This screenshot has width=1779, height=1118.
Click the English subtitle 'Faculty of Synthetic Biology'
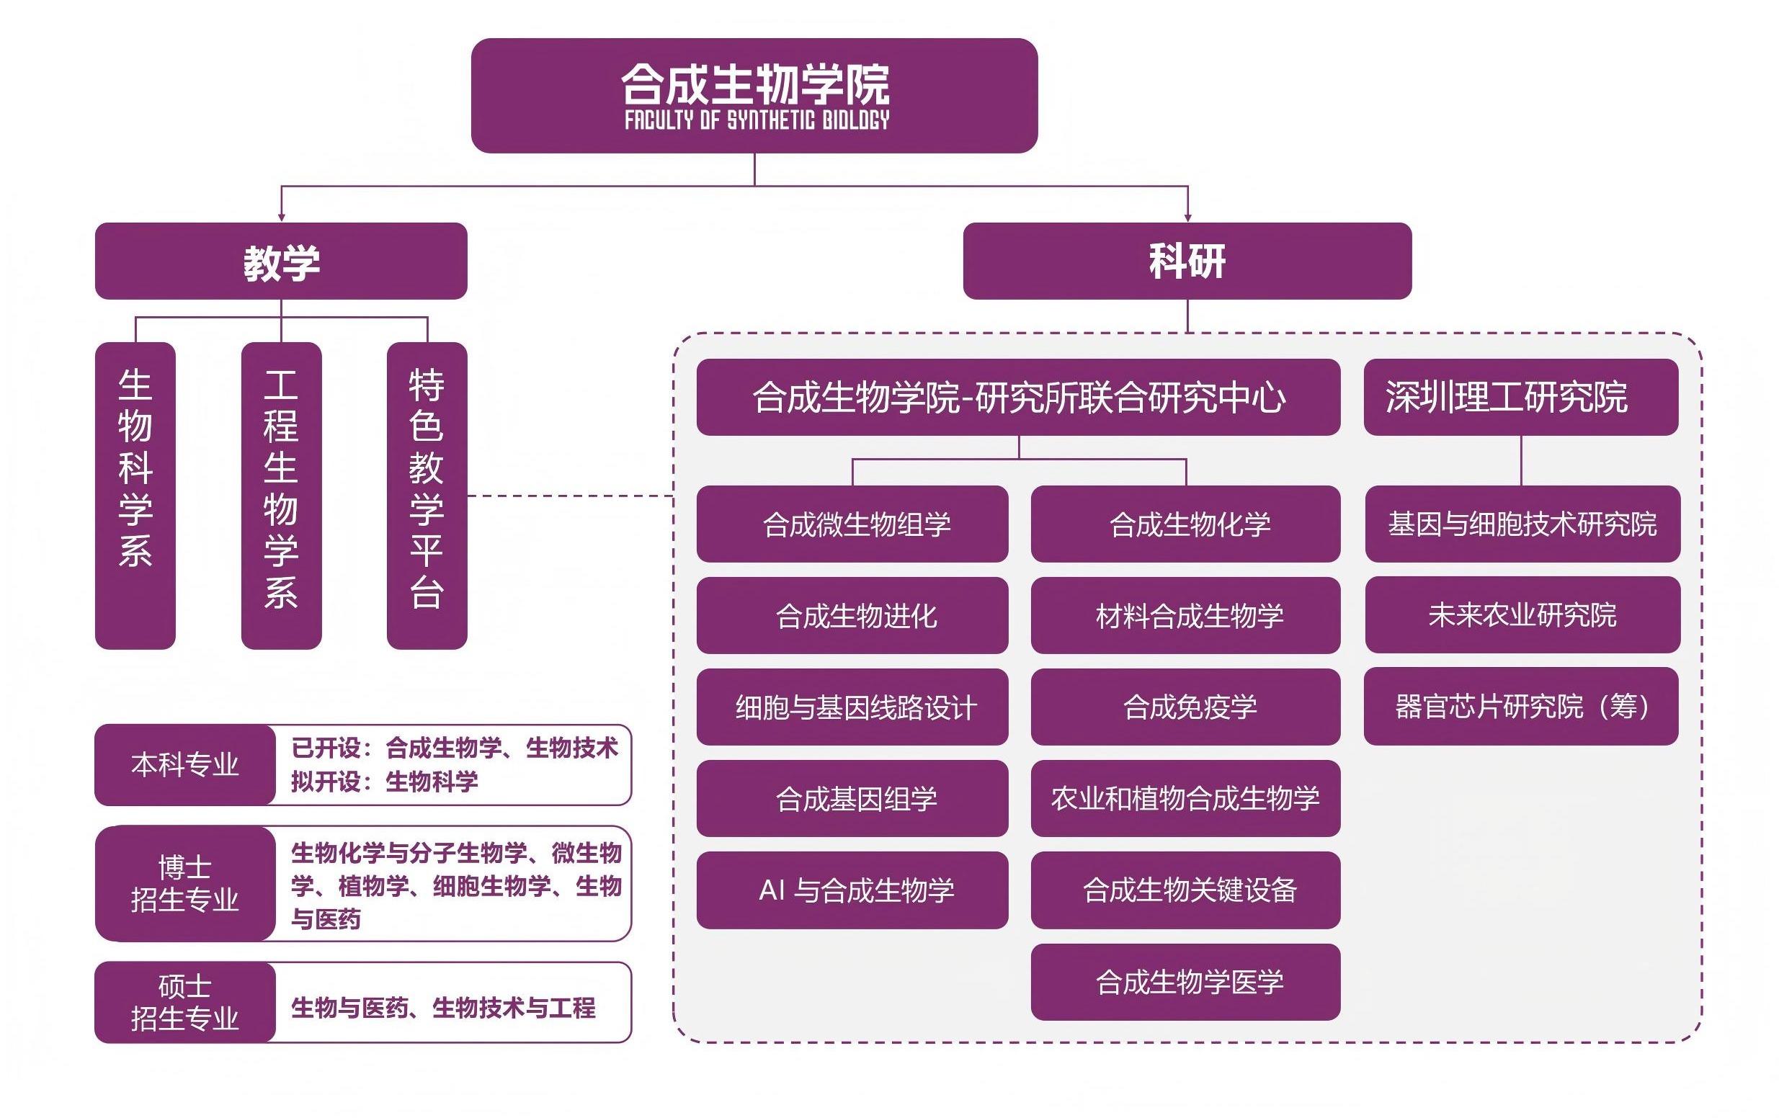click(757, 120)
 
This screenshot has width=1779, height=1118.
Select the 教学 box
click(281, 261)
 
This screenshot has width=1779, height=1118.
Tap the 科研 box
click(1187, 261)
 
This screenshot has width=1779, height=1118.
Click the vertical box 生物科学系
click(135, 495)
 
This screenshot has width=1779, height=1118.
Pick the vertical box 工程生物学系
click(282, 495)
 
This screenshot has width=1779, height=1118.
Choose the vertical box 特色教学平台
click(427, 495)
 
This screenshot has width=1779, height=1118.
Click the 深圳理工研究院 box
click(1520, 398)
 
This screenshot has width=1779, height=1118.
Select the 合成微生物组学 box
click(852, 524)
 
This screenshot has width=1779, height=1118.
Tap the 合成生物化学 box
click(1186, 524)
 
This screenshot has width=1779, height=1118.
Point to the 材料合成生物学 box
click(1186, 616)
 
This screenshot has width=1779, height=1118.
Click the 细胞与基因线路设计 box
click(852, 707)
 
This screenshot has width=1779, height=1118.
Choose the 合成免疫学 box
click(1186, 707)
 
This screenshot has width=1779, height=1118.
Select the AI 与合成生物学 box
click(852, 890)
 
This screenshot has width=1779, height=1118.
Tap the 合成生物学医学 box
click(1186, 982)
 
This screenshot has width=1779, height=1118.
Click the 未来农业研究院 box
click(1522, 615)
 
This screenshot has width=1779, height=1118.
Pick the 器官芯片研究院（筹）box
click(1520, 707)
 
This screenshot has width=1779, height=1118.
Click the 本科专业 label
click(184, 765)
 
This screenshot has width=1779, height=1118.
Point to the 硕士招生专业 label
click(184, 1002)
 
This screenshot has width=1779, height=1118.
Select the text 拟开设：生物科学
click(384, 782)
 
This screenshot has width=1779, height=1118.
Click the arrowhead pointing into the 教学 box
click(281, 217)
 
